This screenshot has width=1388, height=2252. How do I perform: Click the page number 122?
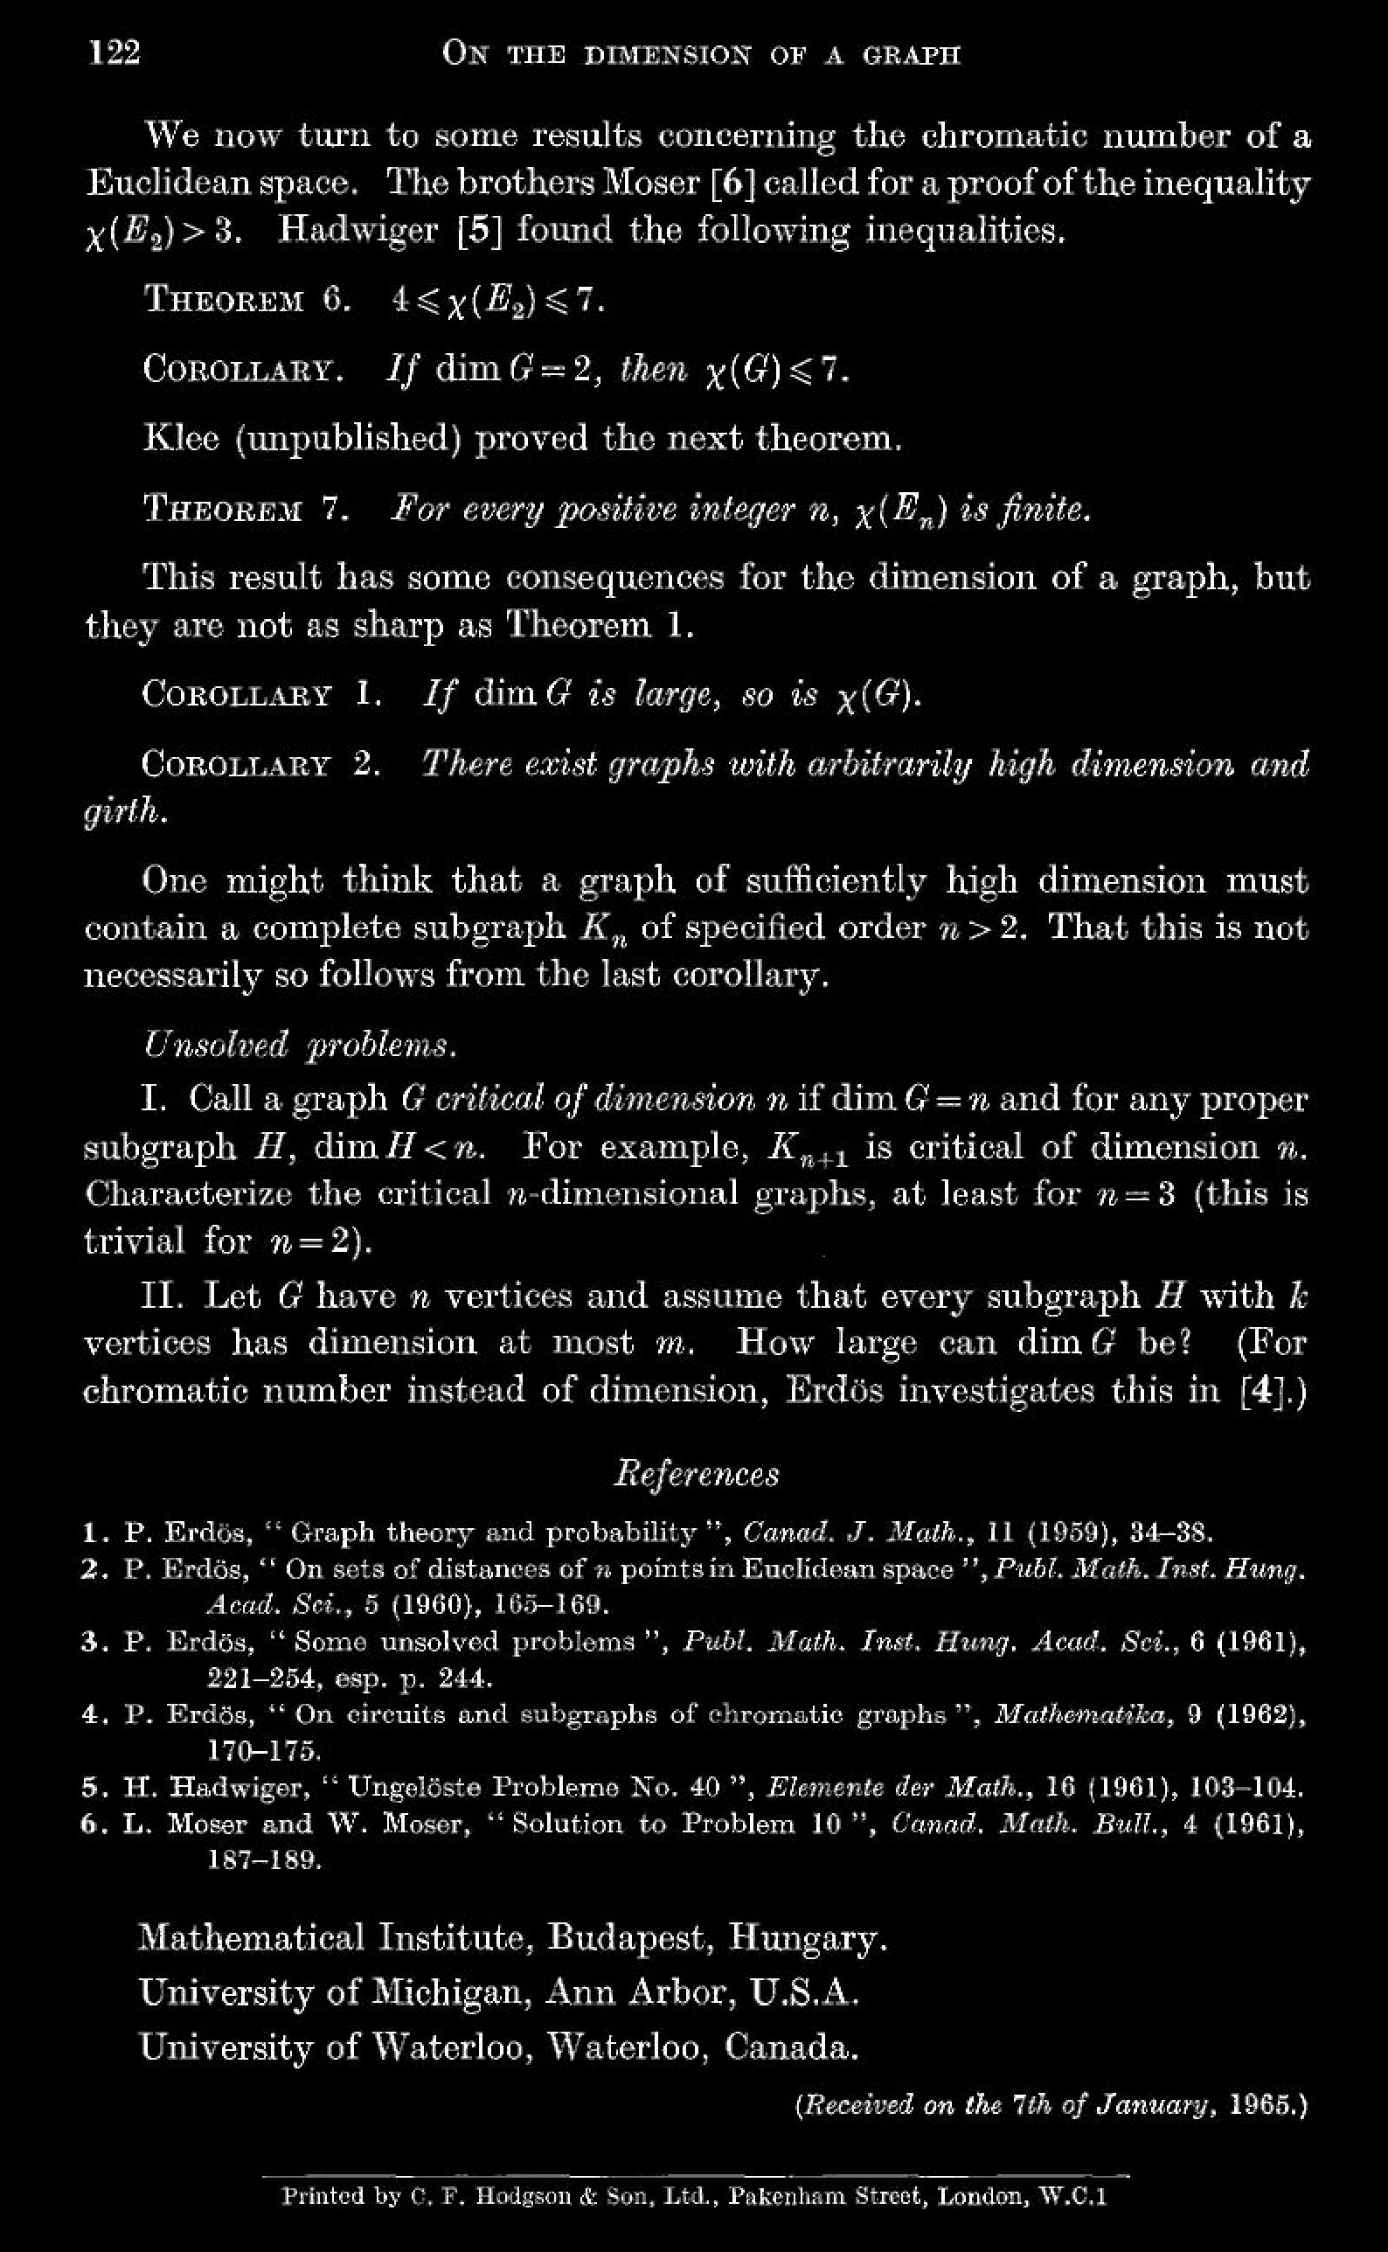click(115, 52)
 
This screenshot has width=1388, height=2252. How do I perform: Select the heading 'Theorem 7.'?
click(246, 508)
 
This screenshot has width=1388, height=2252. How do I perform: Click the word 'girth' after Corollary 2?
click(124, 811)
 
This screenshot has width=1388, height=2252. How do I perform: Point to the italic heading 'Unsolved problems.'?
click(299, 1045)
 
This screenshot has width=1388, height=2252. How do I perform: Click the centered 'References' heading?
click(696, 1472)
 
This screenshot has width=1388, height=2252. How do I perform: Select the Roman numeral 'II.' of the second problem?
click(163, 1296)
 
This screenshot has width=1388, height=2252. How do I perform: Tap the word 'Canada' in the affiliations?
click(789, 2047)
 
